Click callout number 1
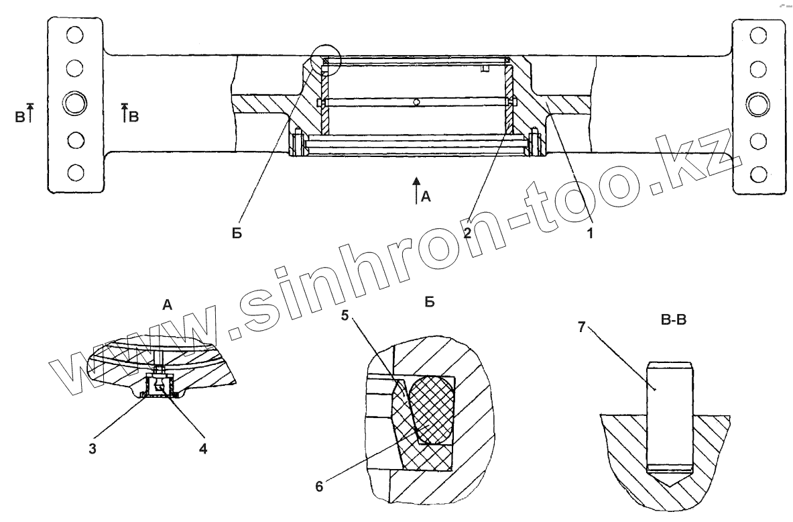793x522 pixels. click(590, 233)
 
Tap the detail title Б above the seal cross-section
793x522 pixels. click(430, 303)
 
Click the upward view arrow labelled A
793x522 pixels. click(416, 189)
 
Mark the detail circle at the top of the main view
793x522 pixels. click(326, 58)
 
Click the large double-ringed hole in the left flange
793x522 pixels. click(75, 104)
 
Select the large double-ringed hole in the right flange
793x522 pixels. click(759, 104)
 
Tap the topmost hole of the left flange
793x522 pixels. click(75, 34)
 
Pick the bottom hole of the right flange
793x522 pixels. click(759, 174)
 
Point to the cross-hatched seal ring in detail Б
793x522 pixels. click(431, 408)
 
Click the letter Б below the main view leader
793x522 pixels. click(239, 235)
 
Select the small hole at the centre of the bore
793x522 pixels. click(416, 103)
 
